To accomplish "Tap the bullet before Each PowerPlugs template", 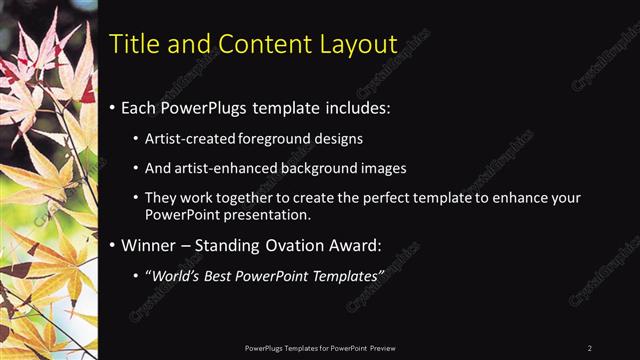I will click(x=112, y=107).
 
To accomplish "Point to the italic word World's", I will click(x=174, y=275).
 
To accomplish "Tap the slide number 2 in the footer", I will click(x=590, y=347).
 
